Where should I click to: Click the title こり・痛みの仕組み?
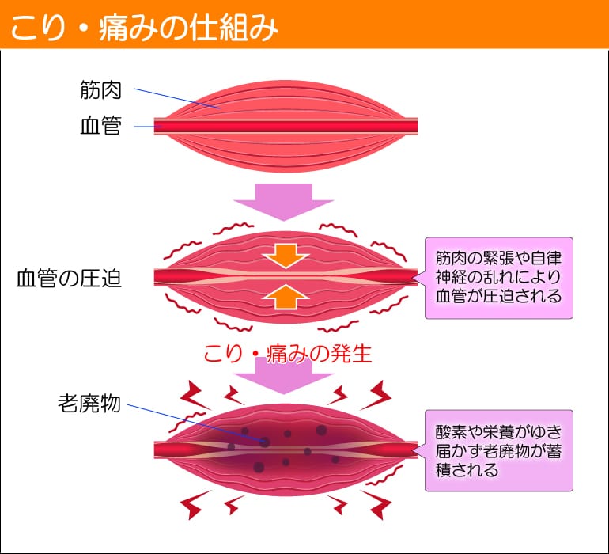(143, 27)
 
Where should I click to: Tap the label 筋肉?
(100, 90)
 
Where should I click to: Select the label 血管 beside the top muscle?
(100, 126)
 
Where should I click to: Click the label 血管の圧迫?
(70, 278)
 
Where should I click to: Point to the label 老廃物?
(89, 403)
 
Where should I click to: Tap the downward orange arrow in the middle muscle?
(286, 255)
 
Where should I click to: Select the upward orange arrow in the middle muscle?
(286, 297)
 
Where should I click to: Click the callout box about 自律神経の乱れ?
(497, 278)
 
